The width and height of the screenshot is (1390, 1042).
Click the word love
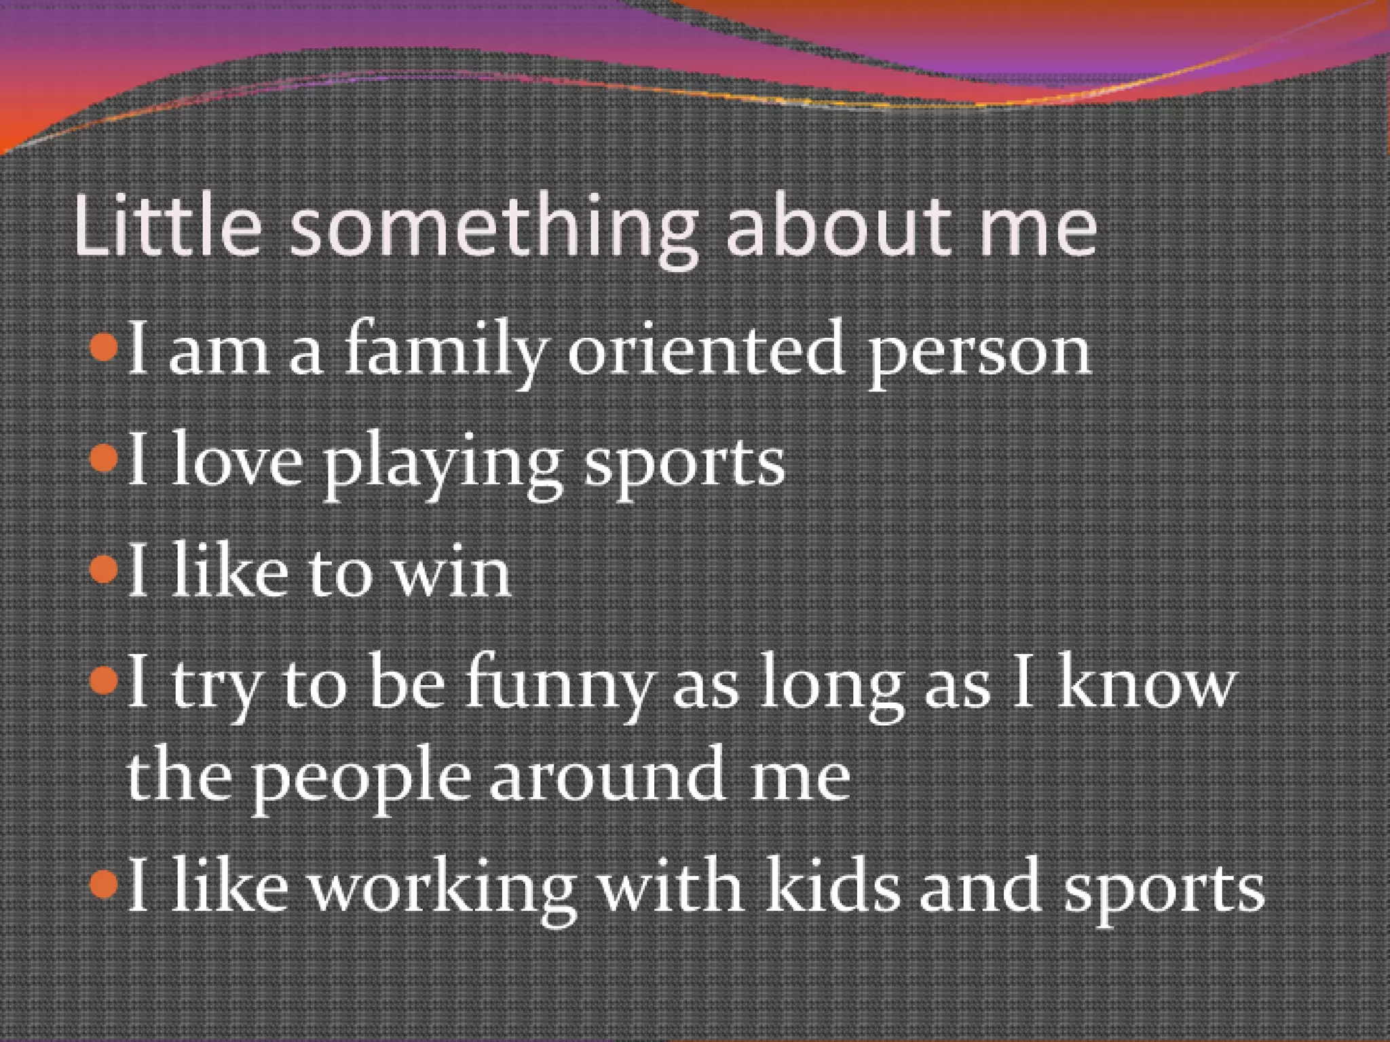point(237,461)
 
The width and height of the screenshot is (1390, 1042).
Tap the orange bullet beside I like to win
point(104,570)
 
